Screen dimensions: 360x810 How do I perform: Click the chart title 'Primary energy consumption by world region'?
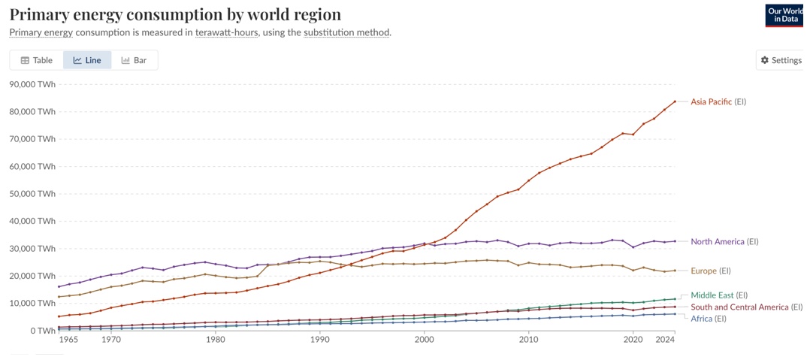point(174,14)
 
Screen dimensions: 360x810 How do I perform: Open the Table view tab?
point(36,60)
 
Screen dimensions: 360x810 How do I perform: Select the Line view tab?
point(87,60)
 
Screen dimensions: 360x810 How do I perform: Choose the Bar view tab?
point(134,60)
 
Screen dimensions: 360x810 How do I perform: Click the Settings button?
point(781,60)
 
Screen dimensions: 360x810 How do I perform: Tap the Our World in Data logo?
point(784,15)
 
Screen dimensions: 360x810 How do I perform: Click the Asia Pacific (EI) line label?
point(718,101)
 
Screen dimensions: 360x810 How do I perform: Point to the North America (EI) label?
point(724,242)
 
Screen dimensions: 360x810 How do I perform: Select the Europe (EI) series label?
point(710,271)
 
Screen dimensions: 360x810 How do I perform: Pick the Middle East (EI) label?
point(718,295)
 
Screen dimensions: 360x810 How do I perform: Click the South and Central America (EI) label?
point(746,307)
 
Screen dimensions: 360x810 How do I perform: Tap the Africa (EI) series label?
point(708,319)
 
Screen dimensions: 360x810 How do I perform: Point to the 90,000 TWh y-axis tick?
point(33,84)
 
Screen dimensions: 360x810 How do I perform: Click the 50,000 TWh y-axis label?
point(33,194)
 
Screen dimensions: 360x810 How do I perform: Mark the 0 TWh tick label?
point(42,331)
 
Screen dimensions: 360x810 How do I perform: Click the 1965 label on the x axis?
point(68,340)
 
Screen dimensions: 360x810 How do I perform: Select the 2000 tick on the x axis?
point(425,340)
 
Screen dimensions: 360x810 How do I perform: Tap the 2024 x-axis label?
point(665,340)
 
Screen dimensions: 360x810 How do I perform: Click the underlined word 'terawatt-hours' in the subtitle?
point(226,32)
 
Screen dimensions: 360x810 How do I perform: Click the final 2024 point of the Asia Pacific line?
point(675,101)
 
